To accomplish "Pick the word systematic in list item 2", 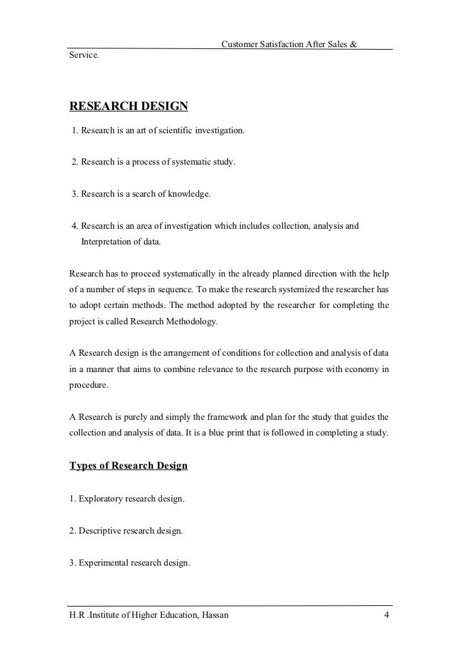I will pos(192,163).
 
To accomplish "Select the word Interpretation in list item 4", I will pos(105,241).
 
